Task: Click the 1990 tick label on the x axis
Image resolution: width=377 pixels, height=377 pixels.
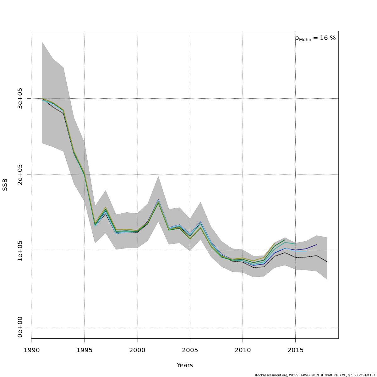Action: pos(32,350)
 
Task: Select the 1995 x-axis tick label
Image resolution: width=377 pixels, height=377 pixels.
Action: pos(84,350)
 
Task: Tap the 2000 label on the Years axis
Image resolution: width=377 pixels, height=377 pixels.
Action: pos(137,350)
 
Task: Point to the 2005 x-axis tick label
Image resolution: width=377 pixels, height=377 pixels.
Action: pos(190,350)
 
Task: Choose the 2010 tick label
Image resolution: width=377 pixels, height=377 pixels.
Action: pos(243,350)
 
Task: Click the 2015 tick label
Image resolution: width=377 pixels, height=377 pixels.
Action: pos(295,350)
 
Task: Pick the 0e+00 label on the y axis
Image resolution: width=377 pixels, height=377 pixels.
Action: pos(20,327)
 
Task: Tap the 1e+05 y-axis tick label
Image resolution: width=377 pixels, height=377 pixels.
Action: pos(20,251)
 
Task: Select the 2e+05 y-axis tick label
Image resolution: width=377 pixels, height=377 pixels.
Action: pos(20,175)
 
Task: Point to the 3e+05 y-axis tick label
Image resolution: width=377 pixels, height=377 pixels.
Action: pos(20,98)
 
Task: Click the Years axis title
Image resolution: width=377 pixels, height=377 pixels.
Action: pos(185,365)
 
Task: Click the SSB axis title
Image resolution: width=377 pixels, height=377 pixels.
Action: pos(5,184)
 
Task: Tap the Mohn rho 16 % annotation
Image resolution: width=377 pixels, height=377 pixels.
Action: pos(315,38)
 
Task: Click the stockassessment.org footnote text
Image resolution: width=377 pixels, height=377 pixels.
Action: pos(314,375)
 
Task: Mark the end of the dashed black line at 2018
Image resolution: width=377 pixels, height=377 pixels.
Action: pos(327,262)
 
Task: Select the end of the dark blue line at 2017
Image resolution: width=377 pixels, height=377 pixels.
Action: pos(317,244)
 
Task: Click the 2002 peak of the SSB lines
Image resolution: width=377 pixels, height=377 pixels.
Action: pos(158,201)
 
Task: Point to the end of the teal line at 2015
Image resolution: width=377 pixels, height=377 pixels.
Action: pos(295,244)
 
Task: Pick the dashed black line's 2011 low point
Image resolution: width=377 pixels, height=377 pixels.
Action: pos(253,267)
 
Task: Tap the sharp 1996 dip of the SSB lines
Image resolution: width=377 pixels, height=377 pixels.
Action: pos(95,225)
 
